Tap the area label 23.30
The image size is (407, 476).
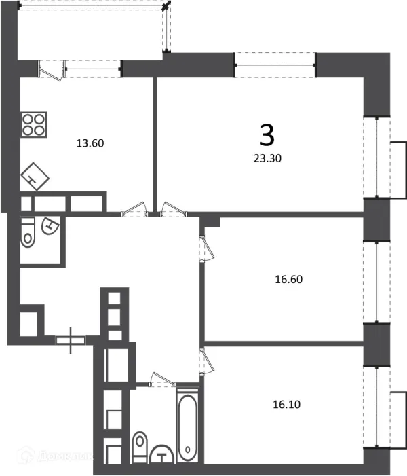tap(266, 160)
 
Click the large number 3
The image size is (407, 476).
tap(267, 136)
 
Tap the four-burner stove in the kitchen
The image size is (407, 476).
tap(35, 124)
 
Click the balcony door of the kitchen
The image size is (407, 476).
tap(51, 69)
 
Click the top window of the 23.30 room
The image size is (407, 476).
tap(275, 65)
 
